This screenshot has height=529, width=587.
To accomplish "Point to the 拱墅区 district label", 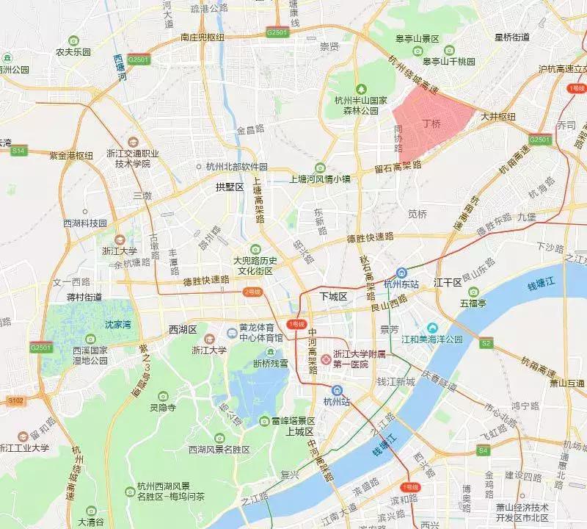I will [x=229, y=187].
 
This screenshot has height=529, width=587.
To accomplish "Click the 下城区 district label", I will [x=333, y=295].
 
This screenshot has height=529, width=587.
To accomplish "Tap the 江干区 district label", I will [x=446, y=281].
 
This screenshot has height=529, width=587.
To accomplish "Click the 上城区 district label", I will [x=300, y=431].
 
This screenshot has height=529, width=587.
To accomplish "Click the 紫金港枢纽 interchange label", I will [x=62, y=155].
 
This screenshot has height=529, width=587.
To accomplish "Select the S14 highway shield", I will [x=18, y=151].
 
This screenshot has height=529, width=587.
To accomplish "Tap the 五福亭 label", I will [x=474, y=301].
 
